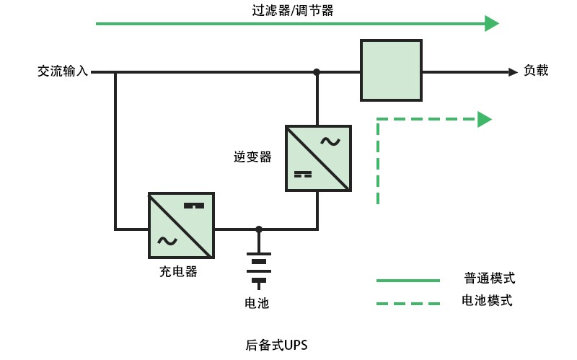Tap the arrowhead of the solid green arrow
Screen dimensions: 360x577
click(491, 24)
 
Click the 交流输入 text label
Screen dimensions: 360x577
click(63, 71)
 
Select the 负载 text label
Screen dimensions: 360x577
click(536, 71)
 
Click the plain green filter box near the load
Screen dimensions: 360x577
click(391, 70)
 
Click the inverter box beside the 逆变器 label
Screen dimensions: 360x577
click(317, 158)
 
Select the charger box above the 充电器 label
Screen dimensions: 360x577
click(181, 225)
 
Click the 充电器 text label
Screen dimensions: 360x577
click(178, 272)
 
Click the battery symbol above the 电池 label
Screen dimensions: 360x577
click(258, 266)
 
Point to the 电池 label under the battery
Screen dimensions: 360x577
click(257, 303)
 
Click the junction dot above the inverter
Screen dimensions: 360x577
click(317, 72)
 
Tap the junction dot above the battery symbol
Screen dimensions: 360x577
click(259, 229)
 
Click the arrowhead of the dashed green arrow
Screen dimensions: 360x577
click(484, 119)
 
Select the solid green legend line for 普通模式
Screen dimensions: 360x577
click(408, 280)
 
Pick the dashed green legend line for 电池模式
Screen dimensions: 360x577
click(408, 304)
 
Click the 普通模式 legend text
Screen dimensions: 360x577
click(489, 278)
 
